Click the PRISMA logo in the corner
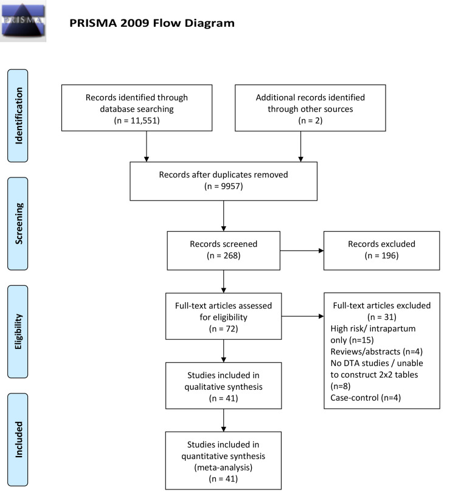tap(23, 21)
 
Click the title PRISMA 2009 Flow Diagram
tap(152, 23)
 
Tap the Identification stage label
tap(18, 116)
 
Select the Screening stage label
tap(18, 224)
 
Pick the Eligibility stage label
tap(18, 331)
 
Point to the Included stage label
tap(18, 440)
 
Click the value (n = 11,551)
tap(137, 120)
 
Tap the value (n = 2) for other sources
tap(310, 120)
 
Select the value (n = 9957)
tap(224, 186)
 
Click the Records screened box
tap(224, 250)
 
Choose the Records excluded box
tap(382, 250)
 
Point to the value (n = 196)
tap(382, 255)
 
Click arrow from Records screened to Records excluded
tap(302, 250)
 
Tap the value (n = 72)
tap(224, 329)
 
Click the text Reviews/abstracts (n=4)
tap(376, 352)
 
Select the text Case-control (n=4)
tap(365, 398)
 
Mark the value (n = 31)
tap(382, 317)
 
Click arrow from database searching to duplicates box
tap(147, 147)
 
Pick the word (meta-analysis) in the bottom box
tap(223, 468)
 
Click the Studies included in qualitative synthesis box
tap(224, 385)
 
